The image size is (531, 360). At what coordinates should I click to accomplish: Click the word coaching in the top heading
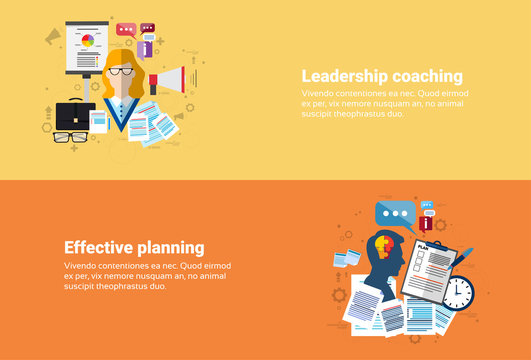click(x=425, y=76)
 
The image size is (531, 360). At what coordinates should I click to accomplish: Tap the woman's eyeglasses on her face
click(x=121, y=71)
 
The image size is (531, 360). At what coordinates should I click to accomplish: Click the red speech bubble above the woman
click(x=126, y=30)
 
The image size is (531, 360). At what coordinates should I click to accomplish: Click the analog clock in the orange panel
click(x=457, y=292)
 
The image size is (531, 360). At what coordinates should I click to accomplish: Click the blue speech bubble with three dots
click(x=395, y=214)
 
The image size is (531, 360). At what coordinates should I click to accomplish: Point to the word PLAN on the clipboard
click(x=425, y=246)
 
